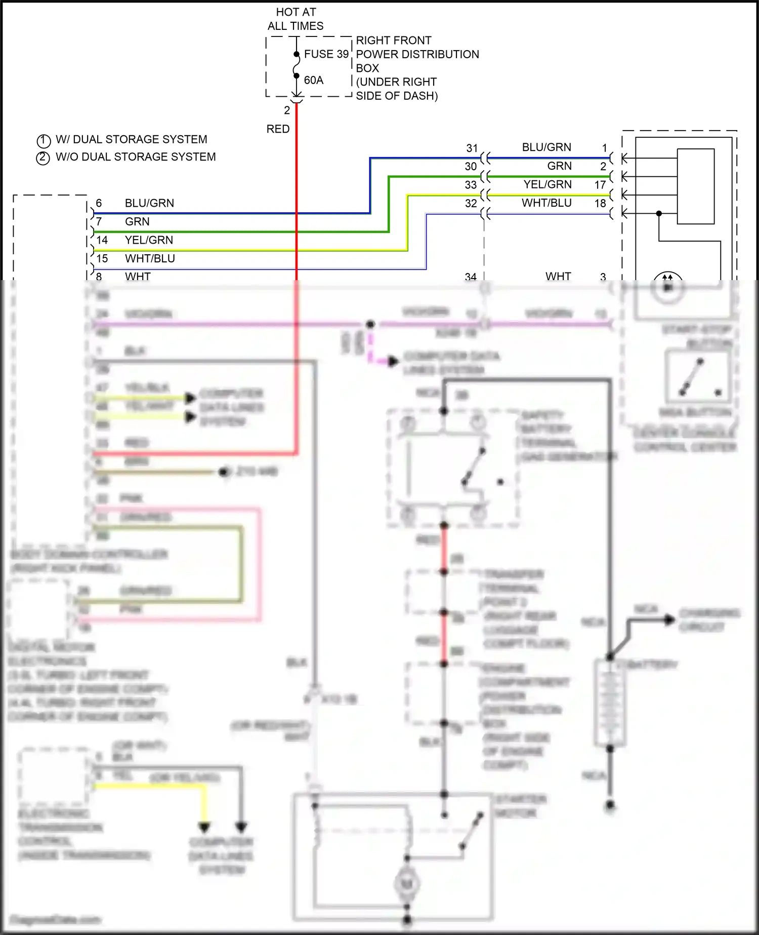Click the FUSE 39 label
(326, 54)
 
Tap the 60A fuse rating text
(314, 80)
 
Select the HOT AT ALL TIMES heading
(296, 19)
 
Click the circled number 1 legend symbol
(44, 140)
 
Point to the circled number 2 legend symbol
(43, 158)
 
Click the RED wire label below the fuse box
(278, 129)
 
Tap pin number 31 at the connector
(472, 148)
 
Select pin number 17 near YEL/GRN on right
(600, 185)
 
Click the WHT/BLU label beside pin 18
(546, 203)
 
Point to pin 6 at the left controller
(99, 203)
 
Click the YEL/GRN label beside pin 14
(149, 240)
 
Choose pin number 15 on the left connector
(102, 258)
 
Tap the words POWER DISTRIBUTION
(417, 54)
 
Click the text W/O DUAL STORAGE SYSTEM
(136, 157)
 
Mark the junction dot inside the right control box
(659, 214)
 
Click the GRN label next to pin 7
(137, 222)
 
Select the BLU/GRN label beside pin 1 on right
(546, 147)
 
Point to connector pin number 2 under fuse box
(287, 110)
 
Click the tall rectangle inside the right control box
(696, 186)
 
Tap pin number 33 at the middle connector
(471, 185)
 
